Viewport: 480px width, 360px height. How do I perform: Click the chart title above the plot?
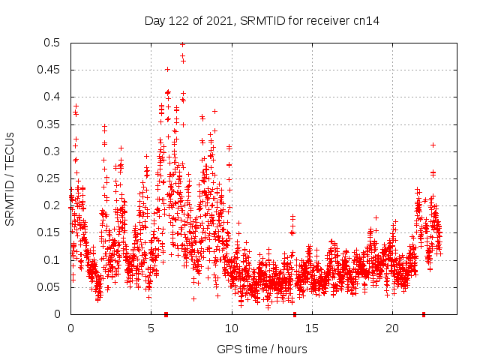tap(262, 20)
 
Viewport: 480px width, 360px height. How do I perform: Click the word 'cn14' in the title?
tap(366, 20)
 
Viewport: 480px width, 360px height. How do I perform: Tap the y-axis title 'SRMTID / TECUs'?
tap(10, 178)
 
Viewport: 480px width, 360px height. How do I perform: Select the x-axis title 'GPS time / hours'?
tap(262, 349)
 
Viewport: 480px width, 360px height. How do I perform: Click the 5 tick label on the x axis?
tap(151, 328)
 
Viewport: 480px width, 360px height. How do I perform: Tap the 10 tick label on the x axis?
tap(231, 328)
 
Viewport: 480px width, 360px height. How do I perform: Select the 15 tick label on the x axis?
tap(311, 328)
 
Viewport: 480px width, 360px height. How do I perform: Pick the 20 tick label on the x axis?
tap(392, 328)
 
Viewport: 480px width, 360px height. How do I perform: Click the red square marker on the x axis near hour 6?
tap(166, 313)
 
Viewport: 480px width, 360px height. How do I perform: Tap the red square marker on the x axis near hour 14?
tap(295, 313)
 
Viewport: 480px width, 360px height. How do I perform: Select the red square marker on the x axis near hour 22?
tap(424, 313)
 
